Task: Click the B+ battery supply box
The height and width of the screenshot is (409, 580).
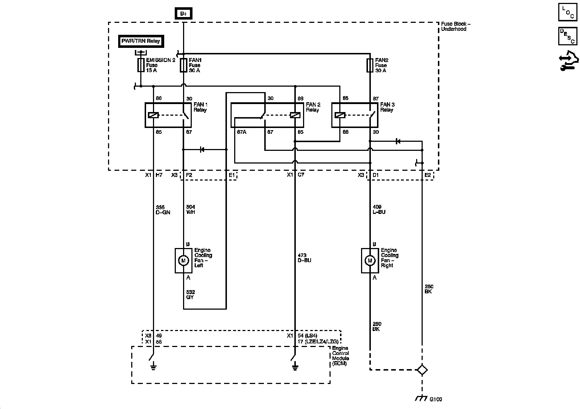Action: (x=183, y=13)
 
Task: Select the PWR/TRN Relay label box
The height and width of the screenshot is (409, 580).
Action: (x=141, y=41)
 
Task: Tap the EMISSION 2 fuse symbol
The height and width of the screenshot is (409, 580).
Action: (x=141, y=65)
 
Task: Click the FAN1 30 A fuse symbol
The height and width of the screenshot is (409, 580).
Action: (x=183, y=65)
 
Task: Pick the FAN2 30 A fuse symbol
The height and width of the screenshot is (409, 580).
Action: (x=370, y=65)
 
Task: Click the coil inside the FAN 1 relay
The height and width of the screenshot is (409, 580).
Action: (x=153, y=115)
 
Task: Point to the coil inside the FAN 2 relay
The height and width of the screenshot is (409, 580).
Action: (x=295, y=115)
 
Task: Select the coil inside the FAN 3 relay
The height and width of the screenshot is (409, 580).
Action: (x=340, y=115)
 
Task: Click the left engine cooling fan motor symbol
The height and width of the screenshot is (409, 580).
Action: (x=183, y=261)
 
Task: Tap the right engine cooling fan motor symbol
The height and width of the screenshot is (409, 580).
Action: (x=370, y=261)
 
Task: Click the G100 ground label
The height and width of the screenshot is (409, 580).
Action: (x=436, y=400)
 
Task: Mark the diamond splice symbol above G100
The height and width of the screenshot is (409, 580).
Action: (x=422, y=369)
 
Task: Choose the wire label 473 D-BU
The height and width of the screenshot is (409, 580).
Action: (x=304, y=258)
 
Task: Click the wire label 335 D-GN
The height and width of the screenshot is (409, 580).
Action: (x=163, y=210)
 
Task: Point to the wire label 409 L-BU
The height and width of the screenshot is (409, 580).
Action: (x=379, y=209)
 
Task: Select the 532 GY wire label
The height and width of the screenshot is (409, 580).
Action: (x=190, y=294)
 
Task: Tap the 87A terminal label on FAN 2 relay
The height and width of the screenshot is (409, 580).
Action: (x=241, y=132)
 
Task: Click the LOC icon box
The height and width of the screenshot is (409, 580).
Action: (x=568, y=12)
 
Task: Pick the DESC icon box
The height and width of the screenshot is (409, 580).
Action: (x=568, y=36)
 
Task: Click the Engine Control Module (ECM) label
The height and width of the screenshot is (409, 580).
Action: (x=340, y=356)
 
